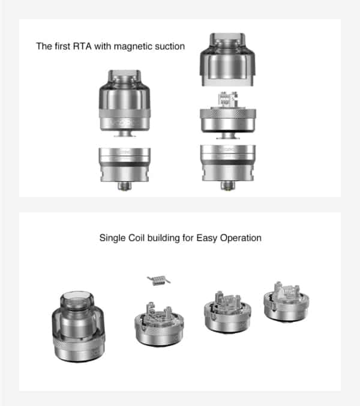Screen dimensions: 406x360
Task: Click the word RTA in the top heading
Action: [x=81, y=46]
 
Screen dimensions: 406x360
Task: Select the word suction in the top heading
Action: [x=169, y=46]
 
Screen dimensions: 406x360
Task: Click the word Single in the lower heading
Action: [x=112, y=238]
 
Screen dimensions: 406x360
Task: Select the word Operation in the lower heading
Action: [x=238, y=238]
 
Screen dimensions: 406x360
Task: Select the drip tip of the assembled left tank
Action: [x=125, y=77]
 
